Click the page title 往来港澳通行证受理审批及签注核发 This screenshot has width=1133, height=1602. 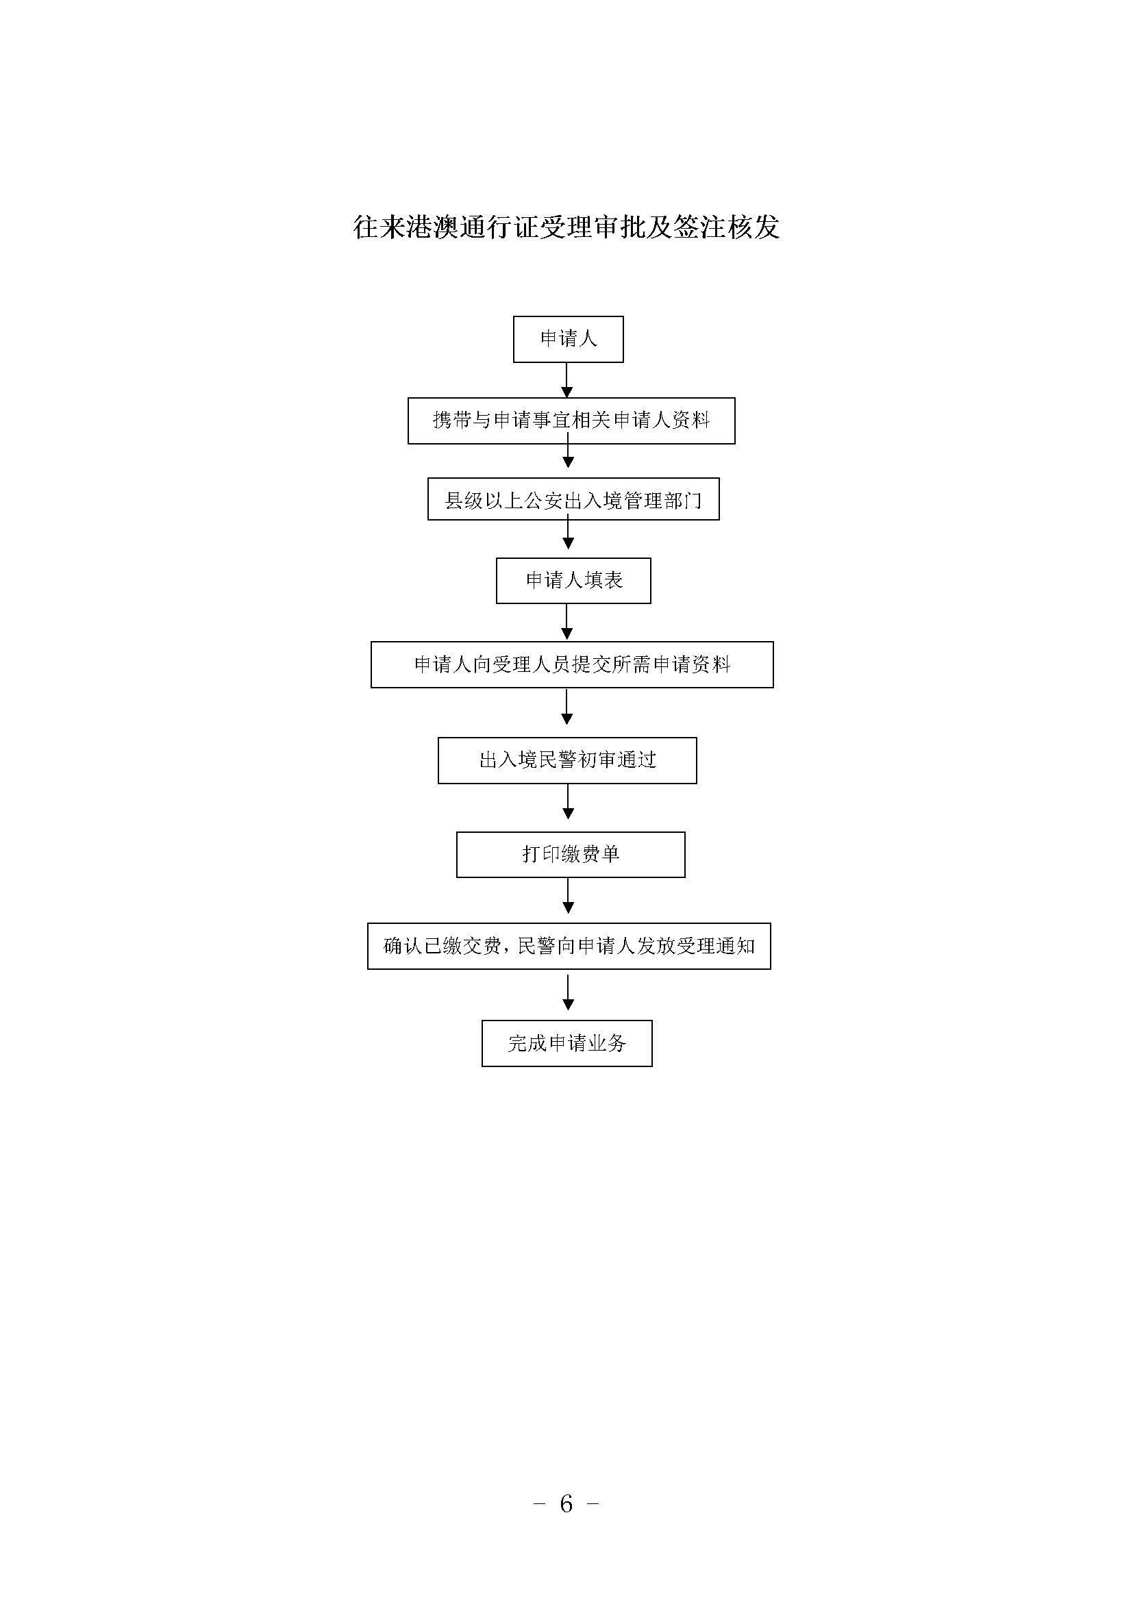point(566,227)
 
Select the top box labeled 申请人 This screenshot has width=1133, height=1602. point(568,339)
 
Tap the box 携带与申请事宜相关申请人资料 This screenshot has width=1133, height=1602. point(571,421)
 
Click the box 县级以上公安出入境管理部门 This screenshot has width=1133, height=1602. point(573,499)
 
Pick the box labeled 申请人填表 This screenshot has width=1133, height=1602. point(573,581)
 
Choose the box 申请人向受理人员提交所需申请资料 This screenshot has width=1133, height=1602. point(572,664)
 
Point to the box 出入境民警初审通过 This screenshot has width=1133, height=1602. point(567,760)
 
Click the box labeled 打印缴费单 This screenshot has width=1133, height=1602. point(571,855)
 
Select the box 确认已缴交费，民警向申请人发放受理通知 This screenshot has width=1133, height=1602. point(569,946)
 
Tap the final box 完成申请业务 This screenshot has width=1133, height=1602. point(567,1043)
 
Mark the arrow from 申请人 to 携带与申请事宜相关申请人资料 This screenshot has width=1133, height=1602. point(566,380)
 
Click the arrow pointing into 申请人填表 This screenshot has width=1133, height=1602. point(568,534)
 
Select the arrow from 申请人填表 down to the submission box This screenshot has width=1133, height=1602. point(566,622)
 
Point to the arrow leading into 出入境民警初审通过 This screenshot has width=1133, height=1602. point(566,707)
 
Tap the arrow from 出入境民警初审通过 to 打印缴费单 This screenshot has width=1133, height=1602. point(568,802)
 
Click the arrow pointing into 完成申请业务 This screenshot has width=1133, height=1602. point(568,992)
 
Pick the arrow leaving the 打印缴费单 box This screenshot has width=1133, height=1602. point(568,896)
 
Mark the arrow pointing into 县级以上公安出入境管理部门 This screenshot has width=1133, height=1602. point(568,455)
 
